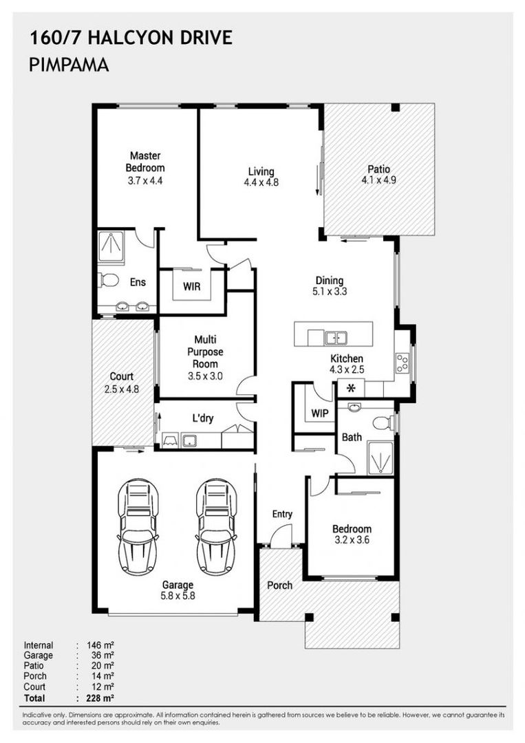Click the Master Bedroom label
(x=145, y=162)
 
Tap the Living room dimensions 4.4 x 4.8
(x=261, y=182)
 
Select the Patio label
(x=378, y=169)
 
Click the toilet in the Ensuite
(x=108, y=281)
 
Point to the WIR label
(x=191, y=287)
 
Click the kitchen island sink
(x=336, y=338)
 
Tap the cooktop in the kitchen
(x=403, y=363)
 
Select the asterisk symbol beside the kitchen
(x=351, y=389)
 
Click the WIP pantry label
(x=320, y=413)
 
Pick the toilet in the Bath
(x=383, y=422)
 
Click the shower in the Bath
(x=381, y=458)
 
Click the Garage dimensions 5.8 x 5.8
(x=178, y=596)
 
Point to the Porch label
(x=279, y=585)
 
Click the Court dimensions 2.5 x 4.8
(x=122, y=389)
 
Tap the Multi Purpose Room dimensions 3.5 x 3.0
(x=205, y=377)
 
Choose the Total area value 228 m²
(x=100, y=698)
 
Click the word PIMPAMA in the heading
(x=69, y=65)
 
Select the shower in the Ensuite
(x=111, y=248)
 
